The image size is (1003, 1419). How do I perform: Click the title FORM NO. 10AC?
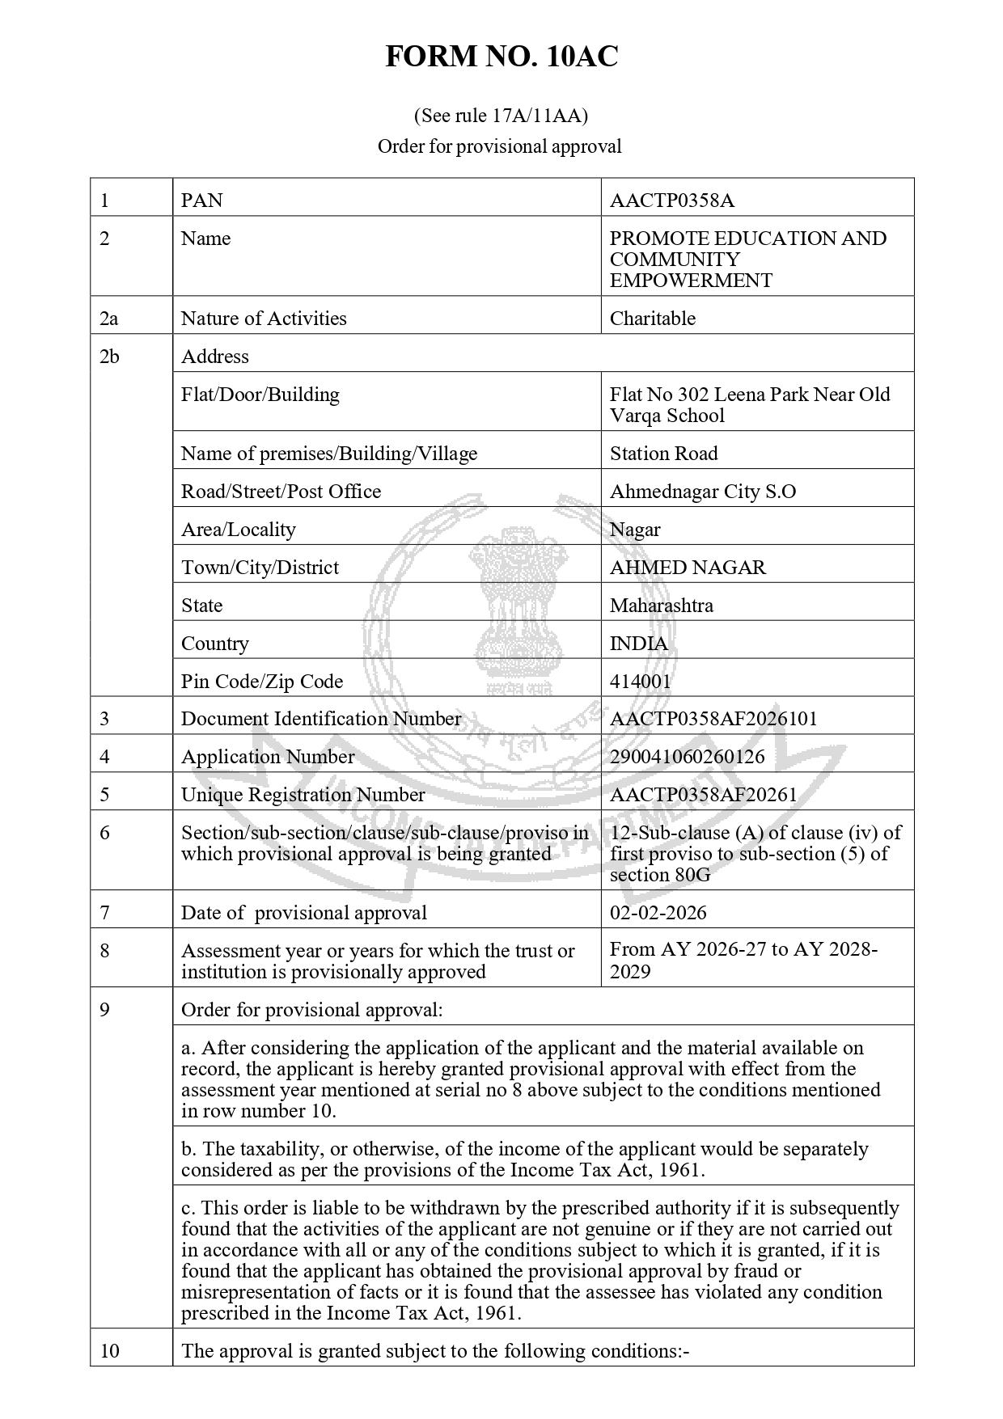501,57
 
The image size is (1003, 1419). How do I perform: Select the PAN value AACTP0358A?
671,201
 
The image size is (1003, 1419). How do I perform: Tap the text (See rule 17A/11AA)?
501,116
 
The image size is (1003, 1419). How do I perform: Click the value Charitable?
652,319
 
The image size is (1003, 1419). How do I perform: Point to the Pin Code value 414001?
640,682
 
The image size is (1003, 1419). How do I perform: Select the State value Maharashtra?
661,606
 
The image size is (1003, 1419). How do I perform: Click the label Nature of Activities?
264,319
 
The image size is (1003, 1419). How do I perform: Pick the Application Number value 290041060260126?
687,757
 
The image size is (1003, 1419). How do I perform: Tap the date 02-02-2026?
658,913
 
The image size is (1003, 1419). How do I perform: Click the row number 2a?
108,319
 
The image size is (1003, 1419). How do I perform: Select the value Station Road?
663,454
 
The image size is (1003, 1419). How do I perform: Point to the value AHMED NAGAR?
687,568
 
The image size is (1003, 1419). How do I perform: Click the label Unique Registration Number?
303,795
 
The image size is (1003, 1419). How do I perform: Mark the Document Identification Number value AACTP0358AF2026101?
713,719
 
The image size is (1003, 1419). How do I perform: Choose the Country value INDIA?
638,644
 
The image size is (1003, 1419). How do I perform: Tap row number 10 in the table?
109,1351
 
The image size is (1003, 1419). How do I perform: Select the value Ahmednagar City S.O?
702,492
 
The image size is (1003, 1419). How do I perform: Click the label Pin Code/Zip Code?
261,682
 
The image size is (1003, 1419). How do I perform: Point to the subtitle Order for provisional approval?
499,146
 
